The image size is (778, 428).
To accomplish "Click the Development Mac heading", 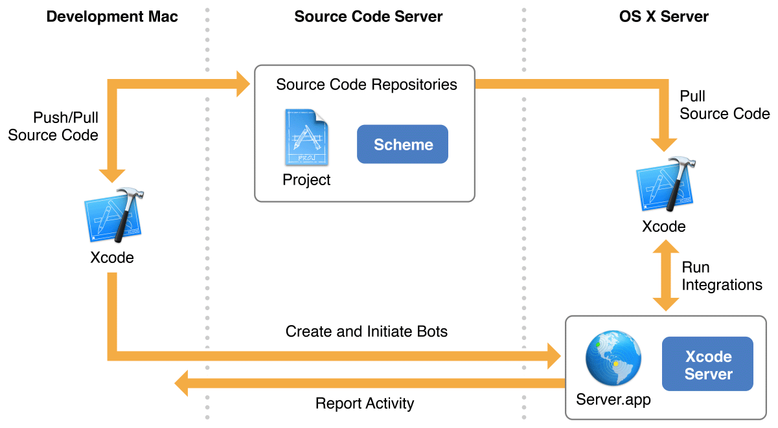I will (x=112, y=17).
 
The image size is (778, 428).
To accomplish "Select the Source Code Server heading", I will (x=369, y=17).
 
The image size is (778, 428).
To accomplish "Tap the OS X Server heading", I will (x=664, y=17).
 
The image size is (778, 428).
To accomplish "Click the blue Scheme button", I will (x=402, y=144).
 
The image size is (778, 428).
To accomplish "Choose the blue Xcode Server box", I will (x=707, y=365).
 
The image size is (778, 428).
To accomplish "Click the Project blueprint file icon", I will (x=306, y=138).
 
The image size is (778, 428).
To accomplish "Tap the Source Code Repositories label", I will (x=366, y=85).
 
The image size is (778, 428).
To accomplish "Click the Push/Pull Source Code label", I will (x=53, y=126).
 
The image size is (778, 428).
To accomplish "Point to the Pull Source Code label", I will (x=724, y=105).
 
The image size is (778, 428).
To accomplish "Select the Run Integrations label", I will (x=722, y=276).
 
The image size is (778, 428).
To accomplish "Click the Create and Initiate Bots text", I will (x=367, y=332).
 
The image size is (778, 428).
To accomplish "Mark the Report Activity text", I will (x=364, y=403).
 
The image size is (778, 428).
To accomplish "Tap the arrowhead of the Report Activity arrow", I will (x=182, y=383).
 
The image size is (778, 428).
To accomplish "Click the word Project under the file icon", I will (x=306, y=179).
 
